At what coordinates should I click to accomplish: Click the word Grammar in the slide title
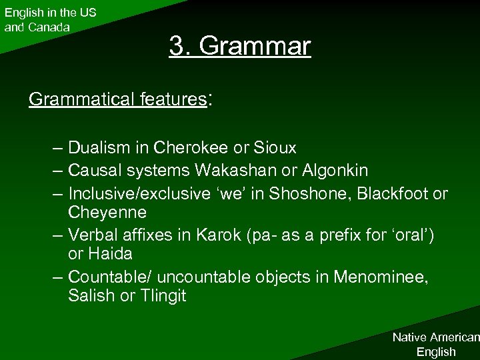pyautogui.click(x=255, y=47)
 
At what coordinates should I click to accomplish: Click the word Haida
pyautogui.click(x=109, y=254)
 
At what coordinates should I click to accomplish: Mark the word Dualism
pyautogui.click(x=96, y=147)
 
